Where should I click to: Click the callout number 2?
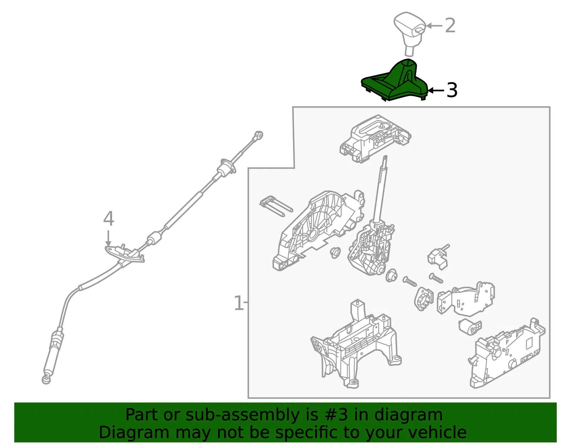[x=450, y=25]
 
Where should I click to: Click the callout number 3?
[x=452, y=90]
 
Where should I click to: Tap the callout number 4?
[x=108, y=219]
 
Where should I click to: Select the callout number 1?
[x=238, y=303]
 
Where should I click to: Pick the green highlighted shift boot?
[x=395, y=81]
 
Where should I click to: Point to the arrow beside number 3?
[x=436, y=90]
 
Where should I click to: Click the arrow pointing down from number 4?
[x=108, y=239]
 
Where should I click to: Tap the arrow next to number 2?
[x=434, y=25]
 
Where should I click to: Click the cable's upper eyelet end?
[x=259, y=136]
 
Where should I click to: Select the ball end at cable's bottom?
[x=46, y=380]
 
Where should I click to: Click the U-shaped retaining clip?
[x=276, y=207]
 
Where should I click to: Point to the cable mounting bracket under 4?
[x=125, y=254]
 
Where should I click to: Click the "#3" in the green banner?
[x=336, y=415]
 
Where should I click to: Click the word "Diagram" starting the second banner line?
[x=134, y=433]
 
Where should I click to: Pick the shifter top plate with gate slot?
[x=375, y=139]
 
